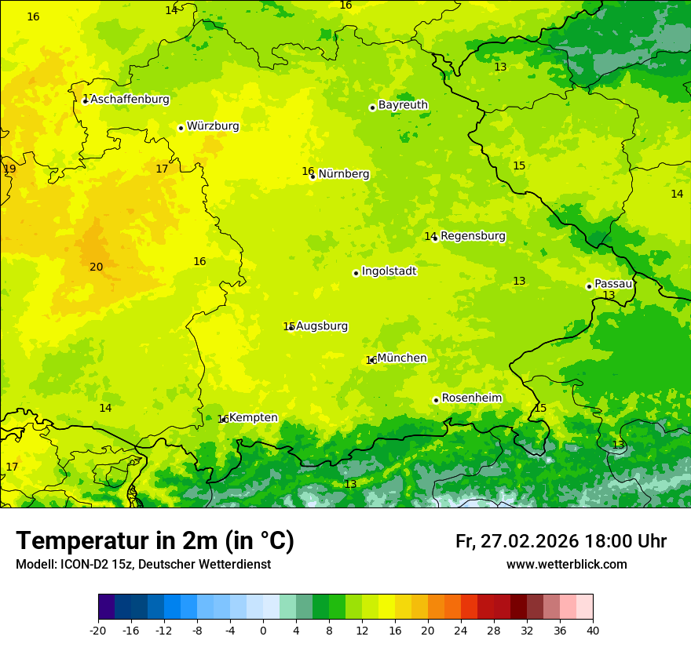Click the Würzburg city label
[213, 126]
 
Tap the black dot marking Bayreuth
[372, 107]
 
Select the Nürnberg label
[343, 174]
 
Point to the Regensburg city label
[473, 236]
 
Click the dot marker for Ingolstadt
[356, 273]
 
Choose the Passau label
[612, 284]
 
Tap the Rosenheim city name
[471, 398]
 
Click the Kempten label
[253, 418]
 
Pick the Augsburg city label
[321, 326]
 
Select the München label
[402, 358]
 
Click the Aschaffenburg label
[130, 100]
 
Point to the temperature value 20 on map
[96, 267]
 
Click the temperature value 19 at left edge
[9, 169]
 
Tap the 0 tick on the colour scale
[263, 631]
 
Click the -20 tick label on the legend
[98, 631]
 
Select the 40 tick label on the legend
[593, 631]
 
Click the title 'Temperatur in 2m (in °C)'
[155, 541]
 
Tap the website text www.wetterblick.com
[566, 565]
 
